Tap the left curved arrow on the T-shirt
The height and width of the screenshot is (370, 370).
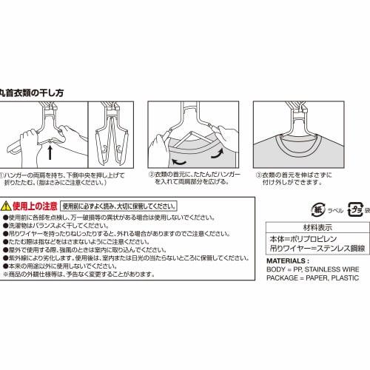(x=178, y=158)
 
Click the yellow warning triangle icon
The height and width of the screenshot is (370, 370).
(x=7, y=205)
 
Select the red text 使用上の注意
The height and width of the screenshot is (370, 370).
(x=34, y=205)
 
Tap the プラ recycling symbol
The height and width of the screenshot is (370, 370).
(x=353, y=208)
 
